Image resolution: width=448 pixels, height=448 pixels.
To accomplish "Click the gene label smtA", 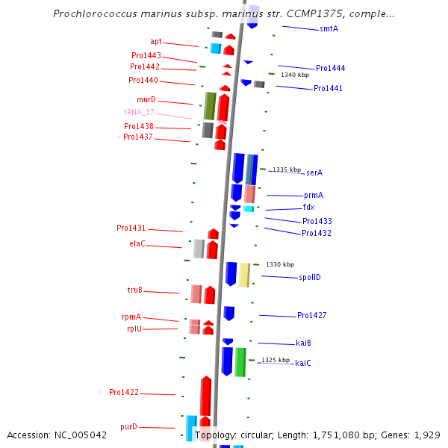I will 329,28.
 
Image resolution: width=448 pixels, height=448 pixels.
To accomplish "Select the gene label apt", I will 155,42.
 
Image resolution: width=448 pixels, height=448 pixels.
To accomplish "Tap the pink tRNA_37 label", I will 139,112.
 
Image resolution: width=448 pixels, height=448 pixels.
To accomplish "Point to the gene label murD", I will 146,99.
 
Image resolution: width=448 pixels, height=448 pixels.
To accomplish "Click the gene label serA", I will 314,172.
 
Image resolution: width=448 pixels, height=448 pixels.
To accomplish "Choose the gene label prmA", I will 314,195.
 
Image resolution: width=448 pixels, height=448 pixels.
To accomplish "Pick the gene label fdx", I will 308,207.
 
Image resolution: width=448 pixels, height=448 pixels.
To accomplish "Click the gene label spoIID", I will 309,277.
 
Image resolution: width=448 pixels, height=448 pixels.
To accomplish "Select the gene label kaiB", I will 303,343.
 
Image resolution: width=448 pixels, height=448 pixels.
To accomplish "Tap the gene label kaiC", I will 303,363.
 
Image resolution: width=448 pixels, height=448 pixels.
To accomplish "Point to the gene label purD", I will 128,426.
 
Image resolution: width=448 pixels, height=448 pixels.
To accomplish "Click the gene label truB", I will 135,290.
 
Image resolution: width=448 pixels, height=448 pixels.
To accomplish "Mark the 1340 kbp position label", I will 294,75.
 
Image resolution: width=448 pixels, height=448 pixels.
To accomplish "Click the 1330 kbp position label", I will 280,264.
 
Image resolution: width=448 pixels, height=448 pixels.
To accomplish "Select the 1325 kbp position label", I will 276,360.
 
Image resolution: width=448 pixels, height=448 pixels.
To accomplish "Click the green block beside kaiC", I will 240,362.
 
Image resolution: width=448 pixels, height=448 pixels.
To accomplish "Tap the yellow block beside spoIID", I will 244,275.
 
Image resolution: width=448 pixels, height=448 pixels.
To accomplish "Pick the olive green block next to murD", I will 210,106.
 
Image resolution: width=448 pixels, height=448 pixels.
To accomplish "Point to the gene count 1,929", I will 427,435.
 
